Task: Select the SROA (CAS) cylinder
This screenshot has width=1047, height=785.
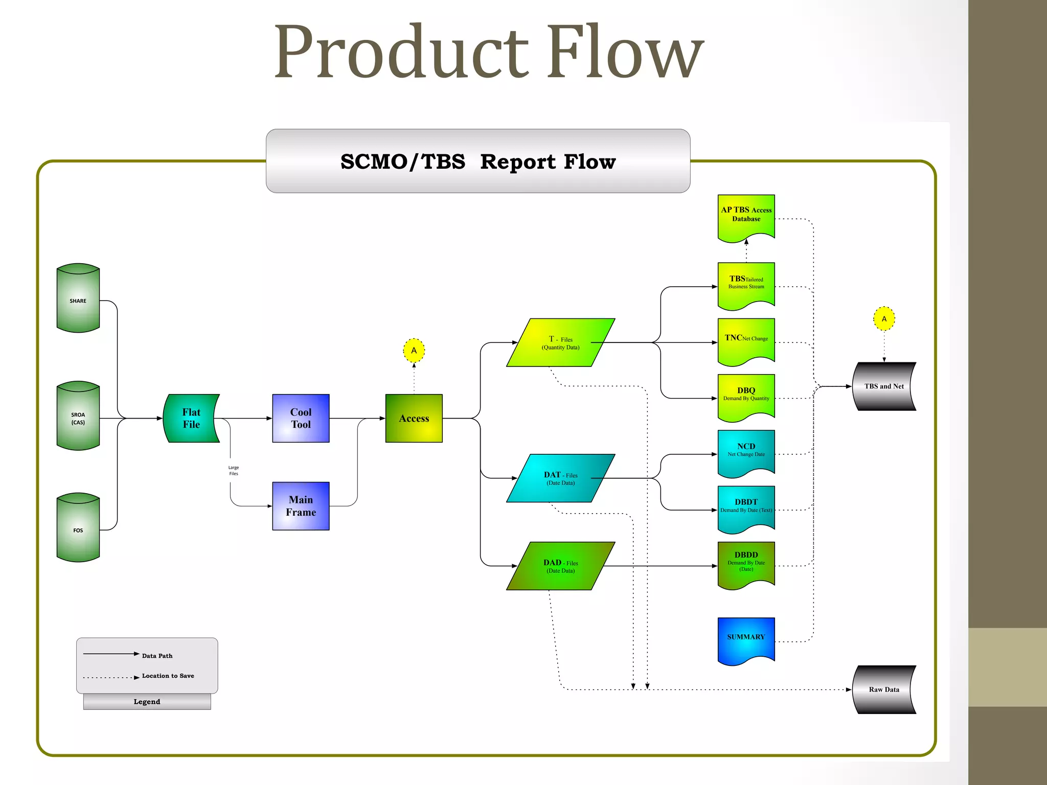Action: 78,417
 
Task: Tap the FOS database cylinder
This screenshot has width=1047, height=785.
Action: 78,528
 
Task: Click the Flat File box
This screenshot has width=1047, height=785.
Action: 191,418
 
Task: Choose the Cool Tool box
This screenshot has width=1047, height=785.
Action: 301,418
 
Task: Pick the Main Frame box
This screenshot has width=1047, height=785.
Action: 301,506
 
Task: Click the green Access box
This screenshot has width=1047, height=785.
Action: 414,418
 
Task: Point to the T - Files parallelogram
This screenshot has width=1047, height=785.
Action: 560,342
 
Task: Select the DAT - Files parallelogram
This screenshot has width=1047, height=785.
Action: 560,478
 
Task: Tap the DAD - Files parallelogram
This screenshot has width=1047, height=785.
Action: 560,566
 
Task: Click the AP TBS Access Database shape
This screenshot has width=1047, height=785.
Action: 746,216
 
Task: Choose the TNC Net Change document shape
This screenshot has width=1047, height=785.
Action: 746,340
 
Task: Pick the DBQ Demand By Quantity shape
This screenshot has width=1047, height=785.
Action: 746,396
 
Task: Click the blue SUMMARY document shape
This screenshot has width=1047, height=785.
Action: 746,639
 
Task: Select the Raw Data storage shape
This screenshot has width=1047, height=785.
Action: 884,689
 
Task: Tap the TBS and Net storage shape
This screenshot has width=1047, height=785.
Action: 884,386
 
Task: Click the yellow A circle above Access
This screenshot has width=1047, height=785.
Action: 414,351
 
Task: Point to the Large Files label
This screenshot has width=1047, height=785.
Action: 234,470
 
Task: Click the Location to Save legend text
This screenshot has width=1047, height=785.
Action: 168,676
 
